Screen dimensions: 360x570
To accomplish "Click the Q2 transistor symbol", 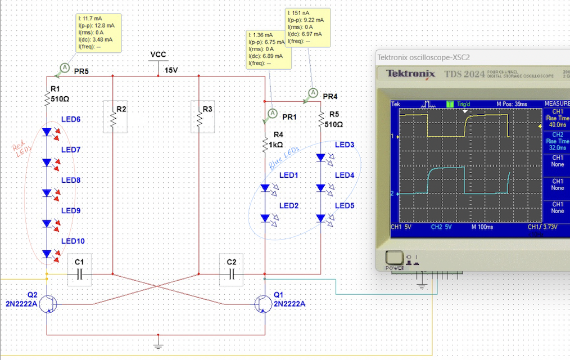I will click(49, 304).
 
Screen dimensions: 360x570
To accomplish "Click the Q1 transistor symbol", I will click(262, 304).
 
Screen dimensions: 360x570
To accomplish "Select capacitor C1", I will click(79, 274).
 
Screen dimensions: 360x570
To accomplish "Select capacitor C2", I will click(231, 274).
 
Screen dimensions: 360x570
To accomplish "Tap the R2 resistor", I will click(113, 119).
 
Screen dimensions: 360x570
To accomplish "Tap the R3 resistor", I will click(200, 119).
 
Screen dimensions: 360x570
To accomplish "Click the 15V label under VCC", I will click(170, 70).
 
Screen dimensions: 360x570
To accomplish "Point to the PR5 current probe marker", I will click(64, 67).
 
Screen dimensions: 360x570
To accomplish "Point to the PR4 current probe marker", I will click(313, 93).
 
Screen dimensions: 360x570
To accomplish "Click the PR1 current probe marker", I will click(273, 113).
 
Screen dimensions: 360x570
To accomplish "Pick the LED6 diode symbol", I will click(47, 133).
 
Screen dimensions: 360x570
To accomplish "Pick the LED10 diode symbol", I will click(47, 254).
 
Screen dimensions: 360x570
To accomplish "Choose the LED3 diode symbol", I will click(321, 157).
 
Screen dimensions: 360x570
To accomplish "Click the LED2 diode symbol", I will click(265, 218).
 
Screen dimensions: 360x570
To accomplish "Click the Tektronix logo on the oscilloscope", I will click(411, 74).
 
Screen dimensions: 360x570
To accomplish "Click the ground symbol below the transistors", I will click(159, 341).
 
